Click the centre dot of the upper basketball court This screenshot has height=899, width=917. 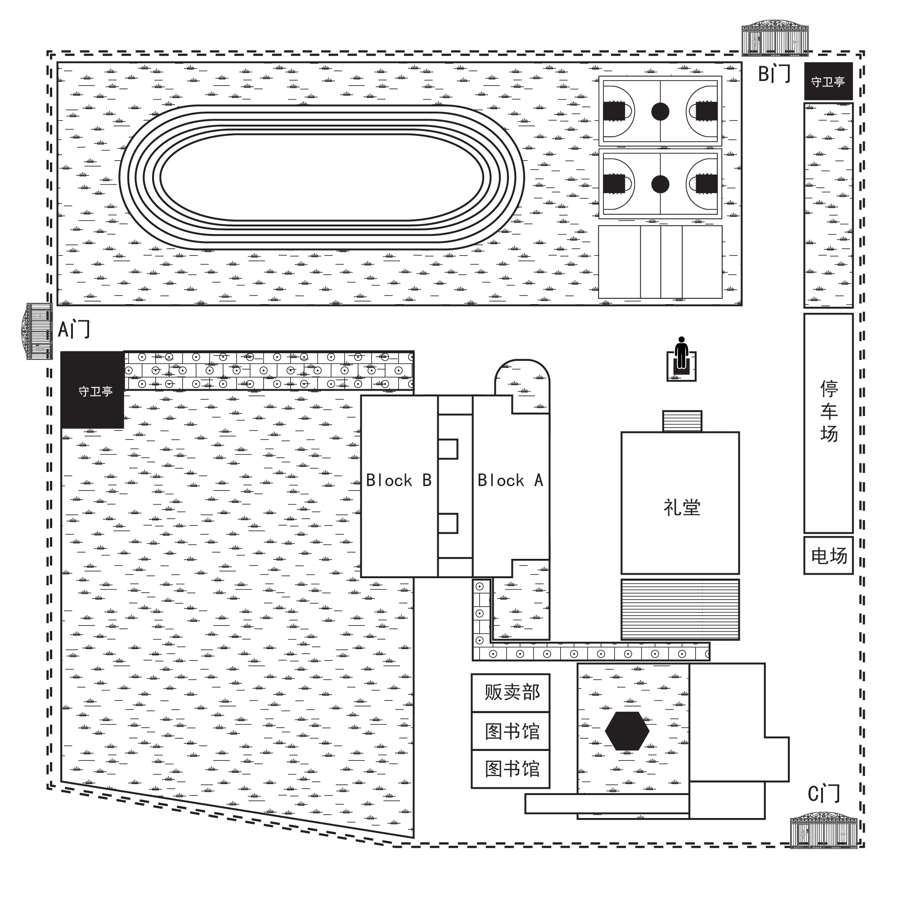660,112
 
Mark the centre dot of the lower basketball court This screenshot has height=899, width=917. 660,184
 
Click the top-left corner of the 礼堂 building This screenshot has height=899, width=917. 621,432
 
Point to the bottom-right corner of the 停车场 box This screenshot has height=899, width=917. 853,533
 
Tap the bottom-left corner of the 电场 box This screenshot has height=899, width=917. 805,574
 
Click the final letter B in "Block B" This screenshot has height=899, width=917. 427,480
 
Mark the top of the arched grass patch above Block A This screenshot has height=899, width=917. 522,360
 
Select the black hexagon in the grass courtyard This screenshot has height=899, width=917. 627,731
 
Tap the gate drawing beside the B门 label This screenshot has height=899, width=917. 775,38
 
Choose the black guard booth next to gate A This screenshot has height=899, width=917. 93,390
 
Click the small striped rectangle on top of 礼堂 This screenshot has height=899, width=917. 682,421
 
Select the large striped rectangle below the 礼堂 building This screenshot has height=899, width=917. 680,610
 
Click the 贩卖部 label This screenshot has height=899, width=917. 512,692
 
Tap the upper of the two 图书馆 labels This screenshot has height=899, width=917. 512,731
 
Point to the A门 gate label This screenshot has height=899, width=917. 74,329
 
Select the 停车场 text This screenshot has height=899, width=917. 829,411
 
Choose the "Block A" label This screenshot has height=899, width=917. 510,480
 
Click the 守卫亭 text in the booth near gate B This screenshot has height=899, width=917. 828,82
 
